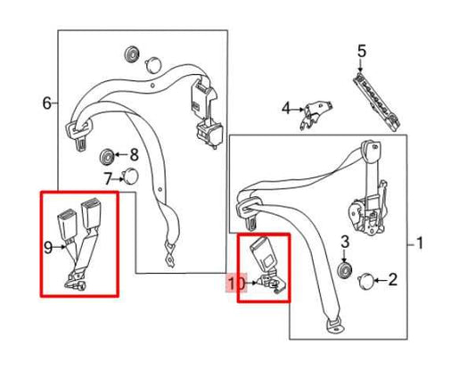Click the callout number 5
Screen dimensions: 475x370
(x=362, y=51)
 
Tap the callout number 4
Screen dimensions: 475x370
(x=286, y=109)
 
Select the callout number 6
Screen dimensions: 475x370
(x=47, y=103)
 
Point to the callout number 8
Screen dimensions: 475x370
(x=134, y=154)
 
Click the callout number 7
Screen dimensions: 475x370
(x=108, y=178)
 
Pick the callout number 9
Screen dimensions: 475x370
(x=48, y=248)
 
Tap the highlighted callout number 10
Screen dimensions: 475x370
(x=236, y=284)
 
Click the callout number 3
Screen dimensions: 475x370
(x=345, y=242)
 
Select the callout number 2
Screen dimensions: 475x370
(x=393, y=279)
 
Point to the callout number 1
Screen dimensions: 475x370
(x=420, y=243)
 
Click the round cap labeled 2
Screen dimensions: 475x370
(x=365, y=282)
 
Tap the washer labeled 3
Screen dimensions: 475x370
(x=345, y=270)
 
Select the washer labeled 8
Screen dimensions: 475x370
(x=107, y=157)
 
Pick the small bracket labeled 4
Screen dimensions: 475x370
(x=315, y=114)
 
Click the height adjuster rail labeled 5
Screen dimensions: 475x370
(x=376, y=102)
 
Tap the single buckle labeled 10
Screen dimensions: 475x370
(x=266, y=264)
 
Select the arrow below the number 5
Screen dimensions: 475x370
(x=360, y=65)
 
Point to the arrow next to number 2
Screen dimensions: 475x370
(x=381, y=280)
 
